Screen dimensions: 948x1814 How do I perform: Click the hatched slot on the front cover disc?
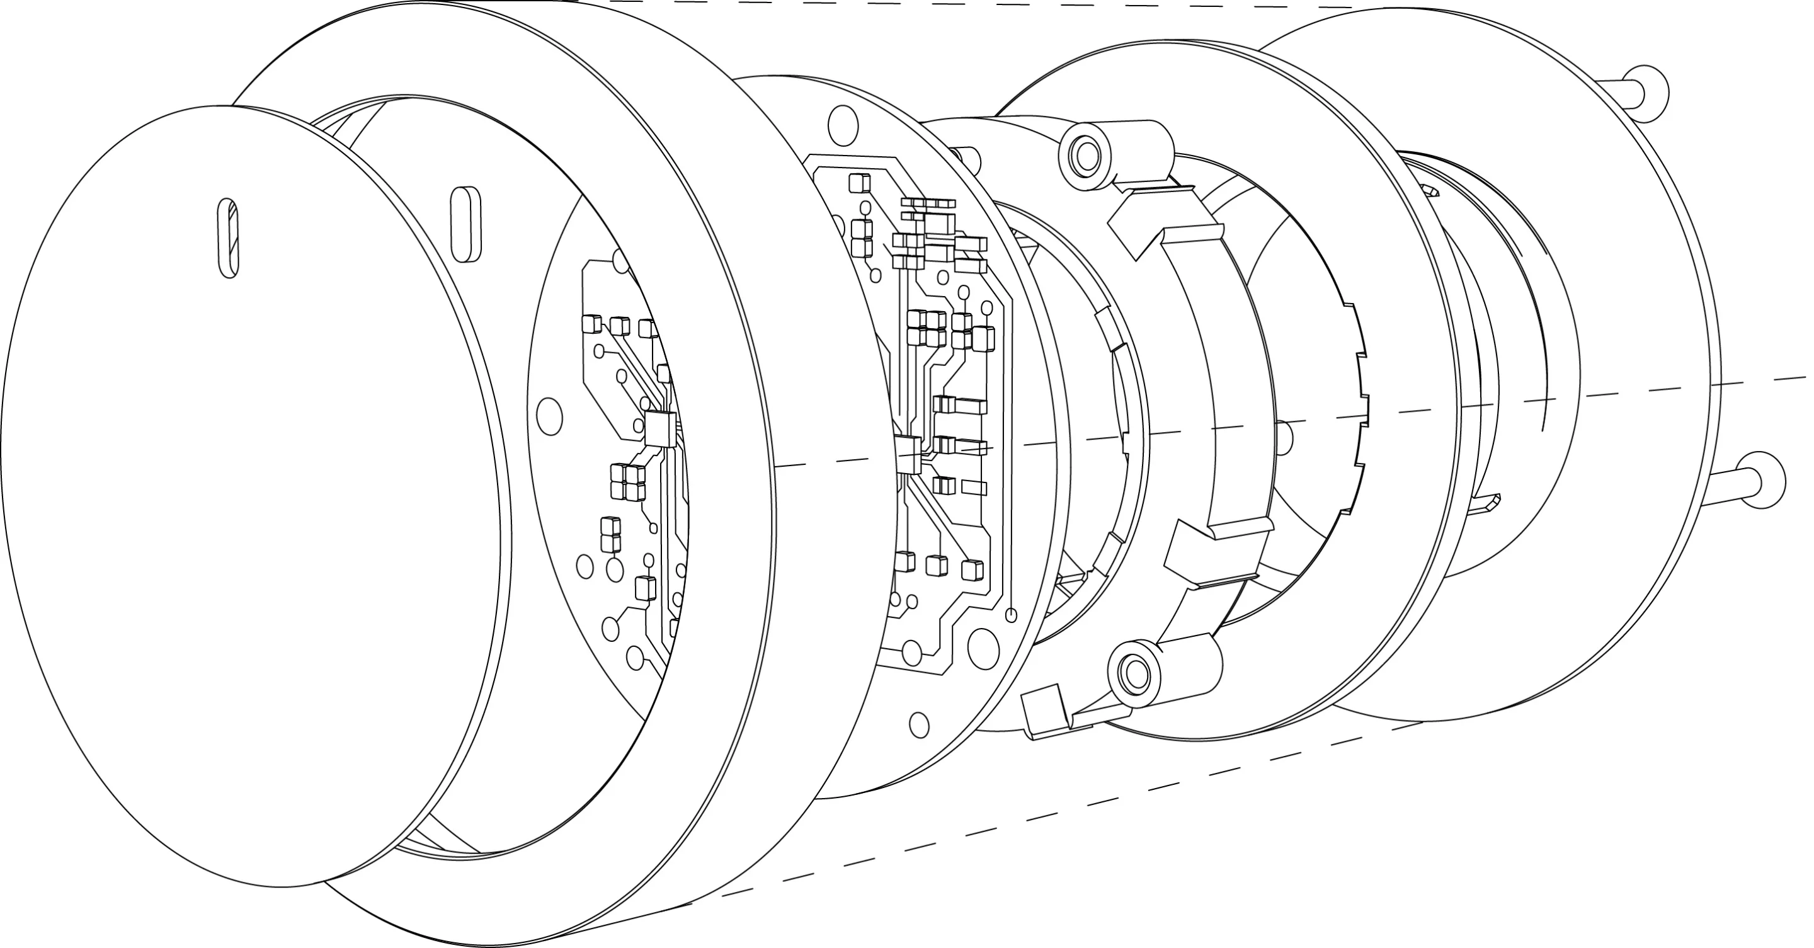click(228, 237)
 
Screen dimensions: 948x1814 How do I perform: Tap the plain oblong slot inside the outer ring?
click(466, 224)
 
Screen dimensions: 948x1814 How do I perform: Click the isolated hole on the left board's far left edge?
click(549, 416)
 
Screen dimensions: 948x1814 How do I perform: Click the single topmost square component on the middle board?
click(857, 183)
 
